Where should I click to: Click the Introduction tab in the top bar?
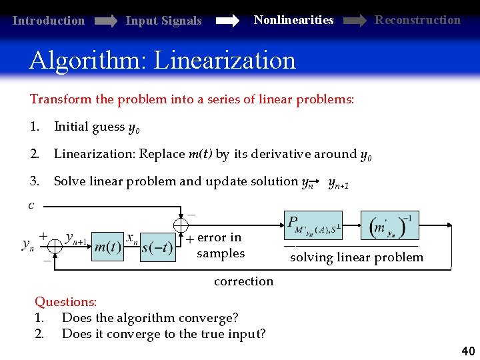coord(49,21)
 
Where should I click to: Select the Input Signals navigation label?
coord(163,21)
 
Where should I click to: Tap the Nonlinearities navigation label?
coord(293,20)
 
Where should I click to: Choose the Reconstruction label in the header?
coord(417,19)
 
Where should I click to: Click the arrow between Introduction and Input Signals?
coord(106,21)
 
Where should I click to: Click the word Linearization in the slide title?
coord(225,61)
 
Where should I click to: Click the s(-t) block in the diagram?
coord(157,248)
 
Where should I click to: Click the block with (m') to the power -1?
coord(390,226)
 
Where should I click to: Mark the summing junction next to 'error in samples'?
coord(181,226)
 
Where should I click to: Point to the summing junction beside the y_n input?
coord(55,246)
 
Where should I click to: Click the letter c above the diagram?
coord(31,205)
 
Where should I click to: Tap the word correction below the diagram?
coord(243,281)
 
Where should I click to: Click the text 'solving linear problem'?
coord(357,257)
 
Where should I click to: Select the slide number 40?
coord(467,351)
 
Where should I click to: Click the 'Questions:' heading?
coord(66,303)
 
